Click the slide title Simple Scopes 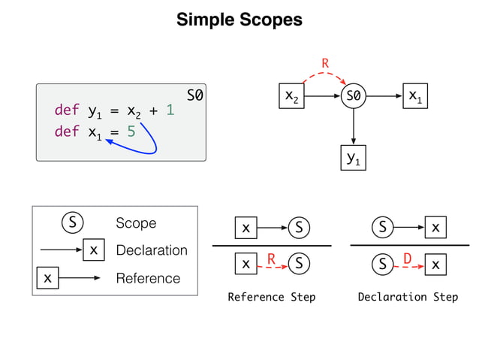point(239,20)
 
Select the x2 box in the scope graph point(291,97)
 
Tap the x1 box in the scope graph point(415,97)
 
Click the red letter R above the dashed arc point(325,64)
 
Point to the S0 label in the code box point(194,96)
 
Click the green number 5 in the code point(131,132)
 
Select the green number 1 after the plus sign point(170,111)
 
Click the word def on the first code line point(66,111)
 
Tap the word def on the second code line point(66,132)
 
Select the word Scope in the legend point(136,223)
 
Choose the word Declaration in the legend point(152,250)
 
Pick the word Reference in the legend point(148,278)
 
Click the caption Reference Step point(271,297)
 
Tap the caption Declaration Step point(408,297)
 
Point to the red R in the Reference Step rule point(272,259)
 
